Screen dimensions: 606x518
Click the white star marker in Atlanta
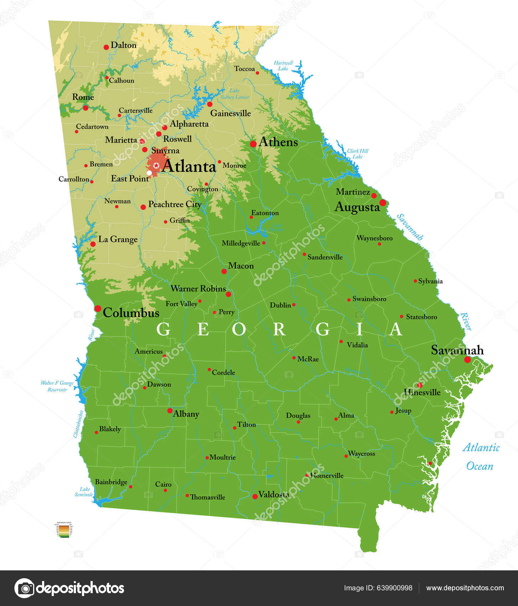pos(156,165)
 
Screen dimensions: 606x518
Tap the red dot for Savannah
pos(467,360)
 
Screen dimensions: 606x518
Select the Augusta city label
pos(357,207)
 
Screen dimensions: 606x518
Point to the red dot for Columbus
pos(98,308)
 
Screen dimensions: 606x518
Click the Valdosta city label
pos(273,494)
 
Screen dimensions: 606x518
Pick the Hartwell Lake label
pos(283,66)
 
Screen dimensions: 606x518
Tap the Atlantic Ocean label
pos(481,457)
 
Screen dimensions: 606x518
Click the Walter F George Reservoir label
pos(57,386)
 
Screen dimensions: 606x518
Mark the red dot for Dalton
pos(106,47)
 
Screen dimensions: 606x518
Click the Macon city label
pos(241,266)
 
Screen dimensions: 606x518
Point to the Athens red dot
pos(253,144)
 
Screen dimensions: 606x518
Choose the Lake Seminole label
pos(84,492)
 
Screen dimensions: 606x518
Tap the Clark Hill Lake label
pos(358,154)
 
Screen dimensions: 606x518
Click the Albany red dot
pos(170,411)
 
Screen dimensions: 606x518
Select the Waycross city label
pos(361,453)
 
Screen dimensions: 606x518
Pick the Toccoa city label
pos(244,69)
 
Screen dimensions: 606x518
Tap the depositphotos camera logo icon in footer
pos(25,588)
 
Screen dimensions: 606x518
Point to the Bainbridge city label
pos(111,482)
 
